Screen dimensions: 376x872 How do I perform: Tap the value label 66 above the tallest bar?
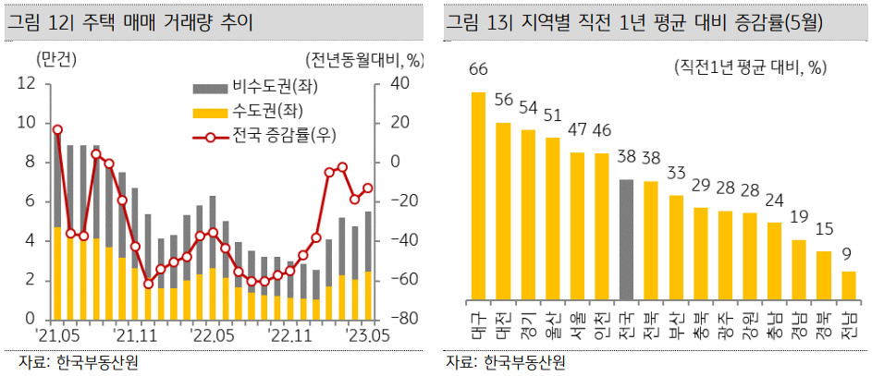(478, 70)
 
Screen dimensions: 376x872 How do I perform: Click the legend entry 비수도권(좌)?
(245, 88)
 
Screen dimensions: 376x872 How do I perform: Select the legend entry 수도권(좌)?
(245, 112)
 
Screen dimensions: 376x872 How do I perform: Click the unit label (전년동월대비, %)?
(366, 62)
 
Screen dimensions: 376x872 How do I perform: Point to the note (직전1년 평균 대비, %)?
(748, 67)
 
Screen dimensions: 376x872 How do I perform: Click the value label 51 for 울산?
(552, 115)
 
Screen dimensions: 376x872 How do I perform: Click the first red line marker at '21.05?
(57, 130)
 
